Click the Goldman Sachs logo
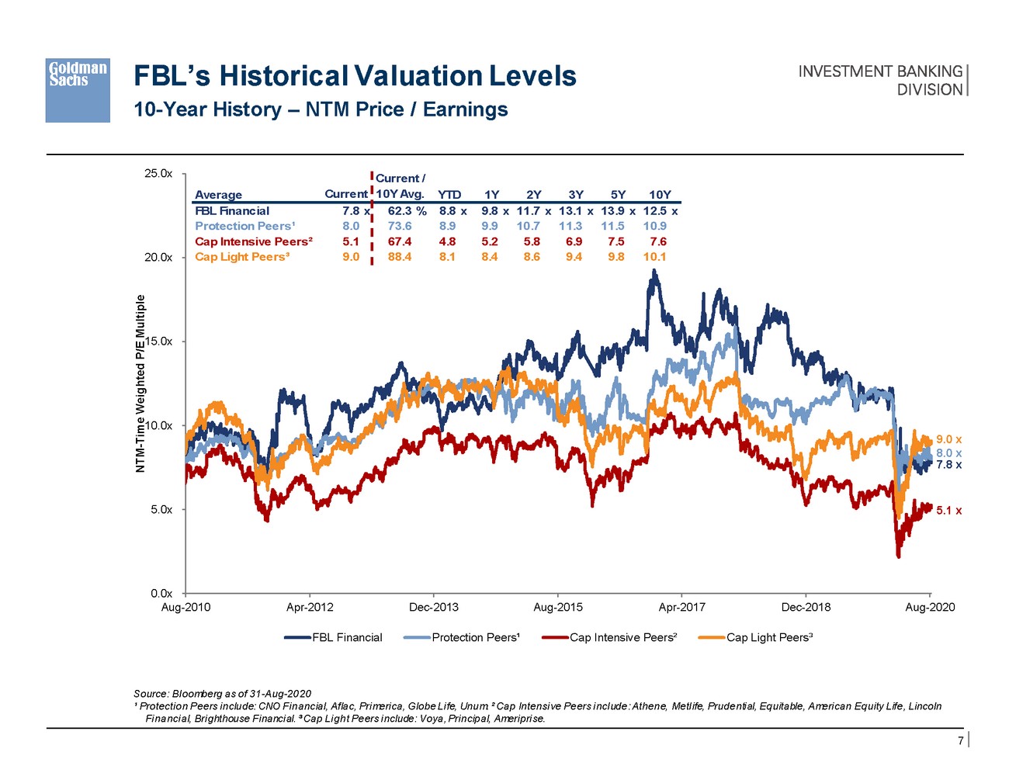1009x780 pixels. click(x=77, y=90)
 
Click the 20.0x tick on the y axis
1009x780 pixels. click(x=158, y=258)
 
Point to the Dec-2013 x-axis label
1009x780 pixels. click(x=433, y=608)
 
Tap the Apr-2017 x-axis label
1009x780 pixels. click(x=681, y=608)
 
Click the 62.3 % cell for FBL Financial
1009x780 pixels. click(x=407, y=211)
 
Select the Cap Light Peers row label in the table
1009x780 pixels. click(x=241, y=257)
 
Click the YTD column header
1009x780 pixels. click(x=449, y=195)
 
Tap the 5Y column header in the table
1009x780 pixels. click(x=618, y=195)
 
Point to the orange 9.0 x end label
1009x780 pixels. click(x=948, y=440)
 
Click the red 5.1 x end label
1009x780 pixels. click(x=948, y=511)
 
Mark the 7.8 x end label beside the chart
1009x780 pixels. click(x=948, y=465)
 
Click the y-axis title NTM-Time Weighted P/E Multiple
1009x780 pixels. click(x=140, y=384)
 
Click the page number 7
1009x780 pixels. click(x=960, y=740)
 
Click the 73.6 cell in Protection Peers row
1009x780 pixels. click(x=400, y=226)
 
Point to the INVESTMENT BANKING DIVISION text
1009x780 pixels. click(x=880, y=80)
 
